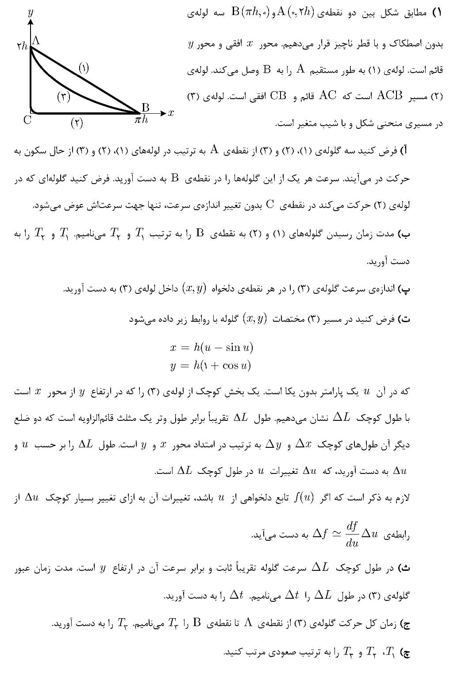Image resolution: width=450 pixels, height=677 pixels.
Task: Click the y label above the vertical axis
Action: (31, 13)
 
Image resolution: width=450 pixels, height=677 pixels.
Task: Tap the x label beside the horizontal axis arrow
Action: (171, 113)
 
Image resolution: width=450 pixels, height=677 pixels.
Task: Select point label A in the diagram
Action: (36, 41)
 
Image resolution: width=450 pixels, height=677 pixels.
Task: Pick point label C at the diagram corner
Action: (27, 120)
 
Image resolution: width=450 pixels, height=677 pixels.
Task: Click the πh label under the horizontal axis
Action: (141, 119)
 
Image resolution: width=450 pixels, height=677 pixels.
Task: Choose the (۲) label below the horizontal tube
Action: (77, 123)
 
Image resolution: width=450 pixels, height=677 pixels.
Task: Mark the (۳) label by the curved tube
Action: (64, 96)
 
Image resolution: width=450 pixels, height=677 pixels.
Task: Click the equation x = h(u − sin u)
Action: (212, 347)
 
